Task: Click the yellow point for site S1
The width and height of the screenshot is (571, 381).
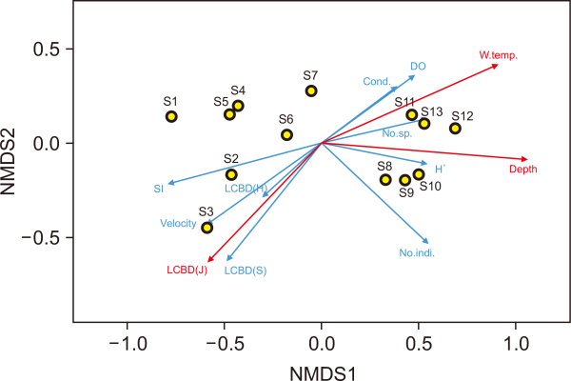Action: (x=171, y=117)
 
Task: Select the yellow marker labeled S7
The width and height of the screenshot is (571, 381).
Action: (x=311, y=91)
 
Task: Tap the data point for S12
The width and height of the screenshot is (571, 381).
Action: (x=455, y=129)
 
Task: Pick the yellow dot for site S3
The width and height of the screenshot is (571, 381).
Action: (x=207, y=228)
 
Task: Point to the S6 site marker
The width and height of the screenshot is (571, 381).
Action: (x=286, y=135)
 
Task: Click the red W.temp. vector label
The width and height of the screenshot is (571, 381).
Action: (x=499, y=55)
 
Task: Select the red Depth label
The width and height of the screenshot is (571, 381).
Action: (x=522, y=170)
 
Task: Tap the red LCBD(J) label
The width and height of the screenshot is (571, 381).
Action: (x=187, y=271)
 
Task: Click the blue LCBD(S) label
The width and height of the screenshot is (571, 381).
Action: (x=246, y=271)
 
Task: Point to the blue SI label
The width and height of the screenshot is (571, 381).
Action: (x=158, y=189)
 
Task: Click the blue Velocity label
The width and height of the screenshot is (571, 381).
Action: (x=179, y=224)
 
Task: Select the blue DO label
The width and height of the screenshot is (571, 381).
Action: (x=418, y=66)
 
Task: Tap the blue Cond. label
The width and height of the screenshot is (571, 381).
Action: (x=377, y=81)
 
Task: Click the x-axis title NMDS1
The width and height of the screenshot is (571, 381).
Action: (x=323, y=368)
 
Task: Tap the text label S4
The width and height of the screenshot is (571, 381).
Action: (x=238, y=90)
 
